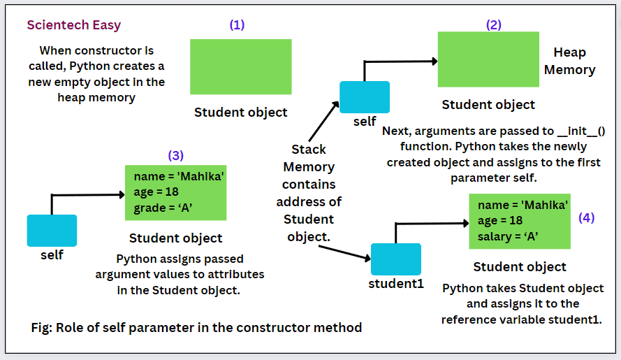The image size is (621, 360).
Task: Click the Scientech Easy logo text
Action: (x=74, y=25)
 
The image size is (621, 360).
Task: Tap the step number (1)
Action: (x=238, y=24)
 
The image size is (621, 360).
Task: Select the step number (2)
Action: (x=494, y=24)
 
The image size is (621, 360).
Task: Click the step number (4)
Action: (x=587, y=217)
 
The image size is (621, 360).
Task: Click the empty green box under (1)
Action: (x=240, y=66)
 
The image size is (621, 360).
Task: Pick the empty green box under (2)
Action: (x=488, y=59)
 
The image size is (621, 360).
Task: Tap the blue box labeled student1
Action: (x=396, y=259)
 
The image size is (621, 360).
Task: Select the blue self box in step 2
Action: (x=364, y=96)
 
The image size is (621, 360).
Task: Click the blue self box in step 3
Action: (x=52, y=231)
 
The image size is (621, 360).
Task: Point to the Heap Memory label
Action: (x=569, y=61)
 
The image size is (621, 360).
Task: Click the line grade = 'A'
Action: (x=162, y=208)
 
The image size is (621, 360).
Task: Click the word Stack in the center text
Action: (x=309, y=150)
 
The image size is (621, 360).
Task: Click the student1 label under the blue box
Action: (x=396, y=284)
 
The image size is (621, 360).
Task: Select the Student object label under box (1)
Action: (x=240, y=112)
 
